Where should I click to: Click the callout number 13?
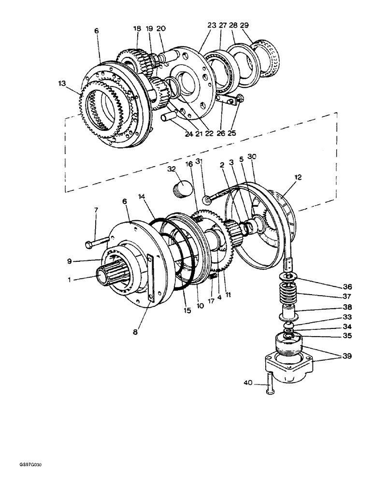(61, 84)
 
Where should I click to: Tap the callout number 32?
(171, 170)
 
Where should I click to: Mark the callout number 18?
(137, 29)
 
